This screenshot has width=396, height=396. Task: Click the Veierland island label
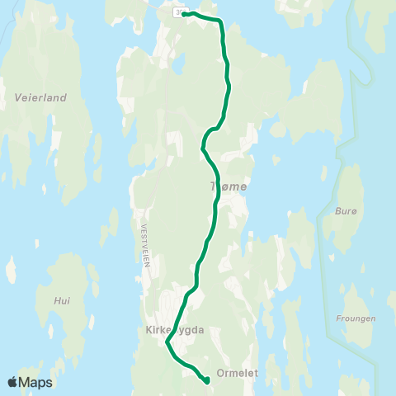[x=40, y=97]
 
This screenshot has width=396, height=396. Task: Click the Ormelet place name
[x=237, y=373]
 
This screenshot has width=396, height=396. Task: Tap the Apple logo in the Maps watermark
[x=13, y=382]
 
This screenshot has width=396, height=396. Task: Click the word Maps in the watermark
[x=36, y=382]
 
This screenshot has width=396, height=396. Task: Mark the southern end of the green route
[x=205, y=380]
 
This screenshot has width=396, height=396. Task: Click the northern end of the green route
[x=184, y=14]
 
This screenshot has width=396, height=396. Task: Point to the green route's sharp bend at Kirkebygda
[x=167, y=342]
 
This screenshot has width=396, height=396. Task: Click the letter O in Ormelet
[x=219, y=373]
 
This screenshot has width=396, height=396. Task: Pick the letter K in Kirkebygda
[x=141, y=330]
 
